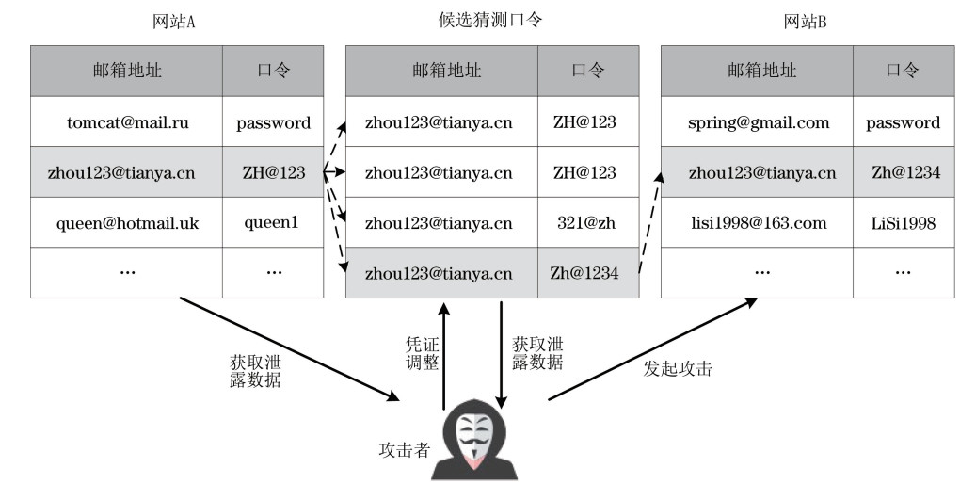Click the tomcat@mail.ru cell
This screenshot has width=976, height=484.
click(x=126, y=122)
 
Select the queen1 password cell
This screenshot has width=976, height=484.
click(x=273, y=223)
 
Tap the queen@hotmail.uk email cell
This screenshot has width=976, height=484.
click(x=126, y=223)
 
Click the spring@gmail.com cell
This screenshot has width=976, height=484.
click(x=758, y=122)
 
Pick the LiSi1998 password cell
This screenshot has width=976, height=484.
click(x=903, y=223)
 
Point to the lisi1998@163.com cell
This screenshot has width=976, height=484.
click(x=758, y=223)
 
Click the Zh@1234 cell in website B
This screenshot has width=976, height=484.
click(x=903, y=173)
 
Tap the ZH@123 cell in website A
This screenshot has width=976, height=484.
click(x=273, y=173)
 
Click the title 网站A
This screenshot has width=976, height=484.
click(x=173, y=22)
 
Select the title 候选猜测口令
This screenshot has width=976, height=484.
click(x=490, y=20)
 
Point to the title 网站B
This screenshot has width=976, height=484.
click(x=806, y=22)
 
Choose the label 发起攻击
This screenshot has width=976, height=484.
click(x=678, y=368)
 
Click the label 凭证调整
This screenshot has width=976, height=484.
click(x=423, y=353)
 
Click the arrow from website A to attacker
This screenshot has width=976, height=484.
click(x=287, y=348)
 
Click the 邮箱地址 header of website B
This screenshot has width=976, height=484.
click(x=758, y=71)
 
